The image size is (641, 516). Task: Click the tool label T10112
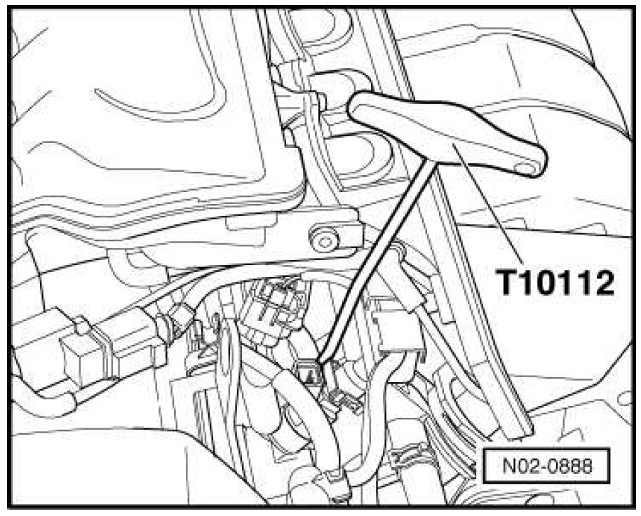click(555, 283)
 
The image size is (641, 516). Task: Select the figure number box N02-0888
click(546, 466)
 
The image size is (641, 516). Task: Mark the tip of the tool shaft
click(319, 362)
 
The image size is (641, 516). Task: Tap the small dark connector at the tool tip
click(310, 372)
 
